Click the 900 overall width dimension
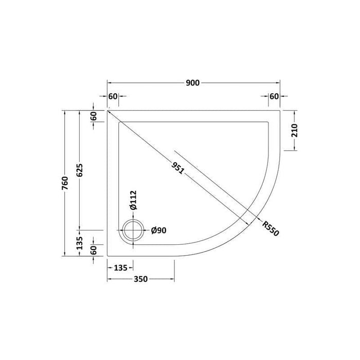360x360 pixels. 193,83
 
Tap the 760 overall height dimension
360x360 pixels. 65,183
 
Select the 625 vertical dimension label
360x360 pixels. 79,170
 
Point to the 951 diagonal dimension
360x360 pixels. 178,168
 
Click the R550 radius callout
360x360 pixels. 271,228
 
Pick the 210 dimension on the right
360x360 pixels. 294,131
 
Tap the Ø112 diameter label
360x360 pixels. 133,200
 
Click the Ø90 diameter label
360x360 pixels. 158,230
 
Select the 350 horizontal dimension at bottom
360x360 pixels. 141,279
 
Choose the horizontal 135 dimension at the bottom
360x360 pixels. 120,268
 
